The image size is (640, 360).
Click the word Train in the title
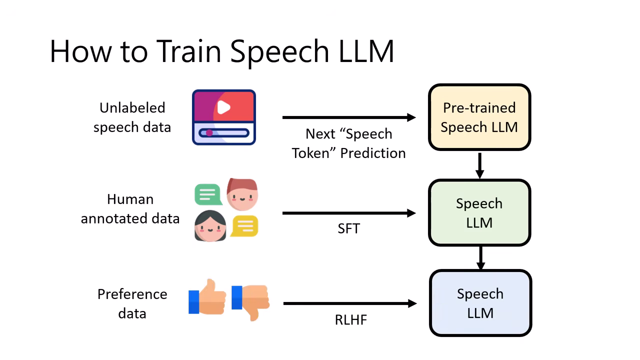click(188, 50)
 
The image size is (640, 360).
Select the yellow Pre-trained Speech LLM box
click(479, 117)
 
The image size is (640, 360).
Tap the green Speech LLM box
click(479, 213)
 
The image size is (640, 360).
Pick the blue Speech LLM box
click(480, 303)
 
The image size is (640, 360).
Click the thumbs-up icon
click(207, 298)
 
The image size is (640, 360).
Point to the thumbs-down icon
click(251, 300)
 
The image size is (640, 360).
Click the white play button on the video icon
click(223, 107)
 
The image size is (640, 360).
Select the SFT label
click(348, 229)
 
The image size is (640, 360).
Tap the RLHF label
click(350, 319)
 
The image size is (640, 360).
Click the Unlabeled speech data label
click(132, 117)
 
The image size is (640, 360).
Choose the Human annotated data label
click(130, 209)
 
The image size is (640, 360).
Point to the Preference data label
click(132, 303)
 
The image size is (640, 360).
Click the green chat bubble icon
click(208, 194)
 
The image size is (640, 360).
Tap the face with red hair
click(242, 194)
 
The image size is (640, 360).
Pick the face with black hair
click(210, 226)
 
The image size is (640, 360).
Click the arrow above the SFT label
click(348, 213)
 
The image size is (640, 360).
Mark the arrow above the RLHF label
click(349, 303)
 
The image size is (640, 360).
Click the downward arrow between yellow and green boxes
click(479, 165)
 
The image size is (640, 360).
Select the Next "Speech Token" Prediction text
click(348, 143)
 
